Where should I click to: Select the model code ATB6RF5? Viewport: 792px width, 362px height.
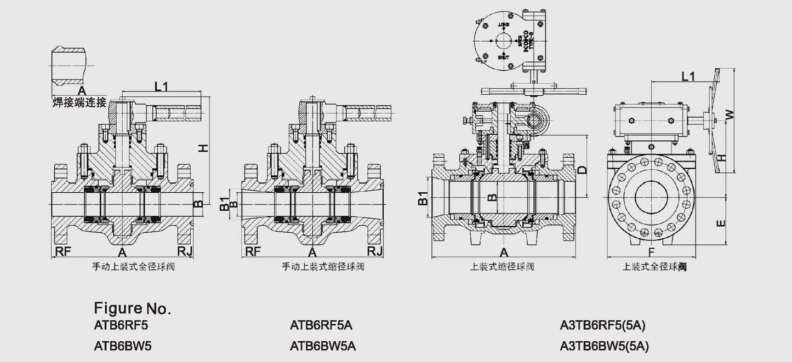point(121,325)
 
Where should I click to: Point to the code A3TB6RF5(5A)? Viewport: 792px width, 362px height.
point(603,325)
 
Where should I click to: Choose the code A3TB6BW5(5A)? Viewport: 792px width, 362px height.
point(605,346)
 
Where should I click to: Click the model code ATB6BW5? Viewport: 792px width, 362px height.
point(122,346)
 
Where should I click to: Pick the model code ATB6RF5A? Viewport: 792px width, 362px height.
point(321,325)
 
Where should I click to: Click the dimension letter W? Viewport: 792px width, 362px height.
point(729,114)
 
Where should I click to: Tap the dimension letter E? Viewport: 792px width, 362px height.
point(721,222)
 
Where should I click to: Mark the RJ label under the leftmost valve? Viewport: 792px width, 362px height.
point(185,251)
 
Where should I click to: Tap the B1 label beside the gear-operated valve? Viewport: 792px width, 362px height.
point(422,198)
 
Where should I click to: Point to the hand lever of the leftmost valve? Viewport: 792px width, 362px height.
point(175,113)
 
